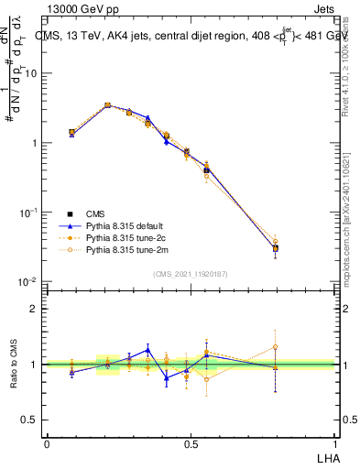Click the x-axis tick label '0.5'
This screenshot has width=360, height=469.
[190, 443]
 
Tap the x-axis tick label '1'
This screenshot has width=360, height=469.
[334, 443]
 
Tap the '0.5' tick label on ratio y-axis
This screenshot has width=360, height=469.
[30, 420]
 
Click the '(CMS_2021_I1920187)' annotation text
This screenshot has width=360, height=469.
[190, 273]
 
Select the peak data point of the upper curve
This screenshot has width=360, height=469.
[108, 105]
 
